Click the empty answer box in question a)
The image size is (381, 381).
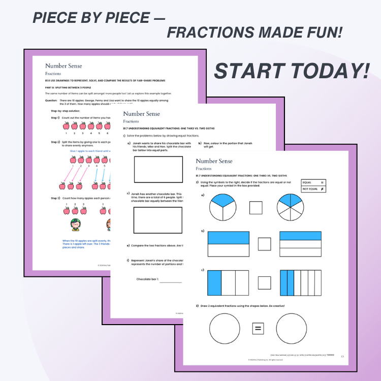coord(256,208)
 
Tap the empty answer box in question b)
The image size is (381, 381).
coord(264,244)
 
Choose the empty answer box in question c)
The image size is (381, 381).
coord(264,282)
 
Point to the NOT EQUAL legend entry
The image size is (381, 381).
coord(313,189)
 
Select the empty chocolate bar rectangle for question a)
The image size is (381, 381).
coord(158,169)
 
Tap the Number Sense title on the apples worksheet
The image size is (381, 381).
coord(63,66)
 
